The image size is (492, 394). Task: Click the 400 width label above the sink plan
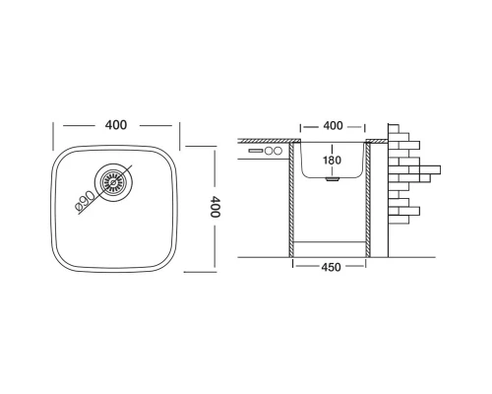(116, 125)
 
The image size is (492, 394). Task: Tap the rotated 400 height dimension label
(215, 207)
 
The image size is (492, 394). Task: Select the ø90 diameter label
(85, 201)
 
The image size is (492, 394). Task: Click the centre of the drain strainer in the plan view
(113, 182)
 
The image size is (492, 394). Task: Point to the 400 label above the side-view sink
(333, 126)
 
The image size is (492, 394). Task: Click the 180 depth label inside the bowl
(332, 161)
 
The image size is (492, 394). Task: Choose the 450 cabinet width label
(331, 267)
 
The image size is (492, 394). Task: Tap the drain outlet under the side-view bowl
(333, 179)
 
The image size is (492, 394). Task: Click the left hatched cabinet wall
(291, 200)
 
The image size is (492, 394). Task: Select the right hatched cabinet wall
(368, 200)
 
